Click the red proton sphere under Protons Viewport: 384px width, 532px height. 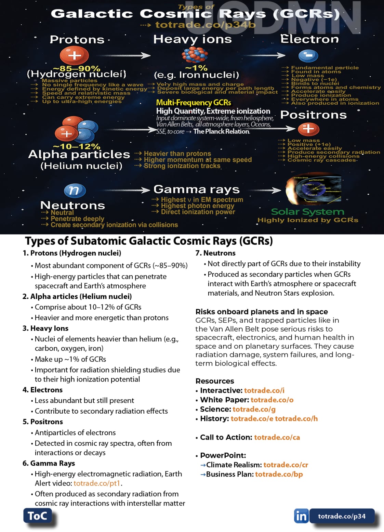74,55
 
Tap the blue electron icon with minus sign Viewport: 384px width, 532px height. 308,55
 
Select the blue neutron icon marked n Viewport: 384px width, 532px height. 75,191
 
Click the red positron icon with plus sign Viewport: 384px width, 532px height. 308,129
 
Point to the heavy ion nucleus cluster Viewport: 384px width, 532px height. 195,55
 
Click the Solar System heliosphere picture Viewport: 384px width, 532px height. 313,190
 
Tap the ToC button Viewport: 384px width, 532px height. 38,516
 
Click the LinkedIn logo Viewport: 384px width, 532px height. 301,516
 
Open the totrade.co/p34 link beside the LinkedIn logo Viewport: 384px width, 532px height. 342,516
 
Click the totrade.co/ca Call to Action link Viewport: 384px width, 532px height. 277,437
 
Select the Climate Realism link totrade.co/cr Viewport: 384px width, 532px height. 286,465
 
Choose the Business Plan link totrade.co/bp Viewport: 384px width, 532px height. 279,474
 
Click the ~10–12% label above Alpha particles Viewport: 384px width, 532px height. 77,146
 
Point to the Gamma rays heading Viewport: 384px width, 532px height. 197,189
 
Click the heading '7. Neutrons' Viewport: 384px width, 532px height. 215,253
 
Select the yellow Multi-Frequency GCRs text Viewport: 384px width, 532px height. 194,103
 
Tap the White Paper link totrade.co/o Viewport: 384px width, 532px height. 272,400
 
